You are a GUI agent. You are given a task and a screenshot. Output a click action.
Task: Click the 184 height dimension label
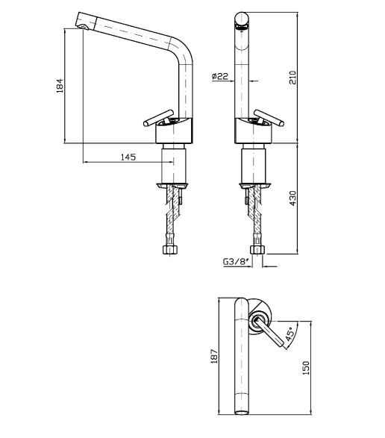coord(60,86)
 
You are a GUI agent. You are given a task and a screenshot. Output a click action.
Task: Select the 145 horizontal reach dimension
coord(128,157)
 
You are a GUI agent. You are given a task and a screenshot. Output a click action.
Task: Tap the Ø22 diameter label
coord(220,76)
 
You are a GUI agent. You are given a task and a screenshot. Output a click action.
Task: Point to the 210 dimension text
coord(292,78)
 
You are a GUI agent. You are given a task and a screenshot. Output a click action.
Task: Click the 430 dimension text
coord(292,198)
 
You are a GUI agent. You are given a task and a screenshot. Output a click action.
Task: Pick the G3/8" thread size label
coord(236,262)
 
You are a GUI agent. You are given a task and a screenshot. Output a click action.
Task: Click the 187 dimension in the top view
coord(214,356)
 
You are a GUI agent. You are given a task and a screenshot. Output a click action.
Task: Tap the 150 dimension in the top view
coord(306,368)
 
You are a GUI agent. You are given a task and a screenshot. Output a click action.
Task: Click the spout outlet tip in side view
coord(83,27)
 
